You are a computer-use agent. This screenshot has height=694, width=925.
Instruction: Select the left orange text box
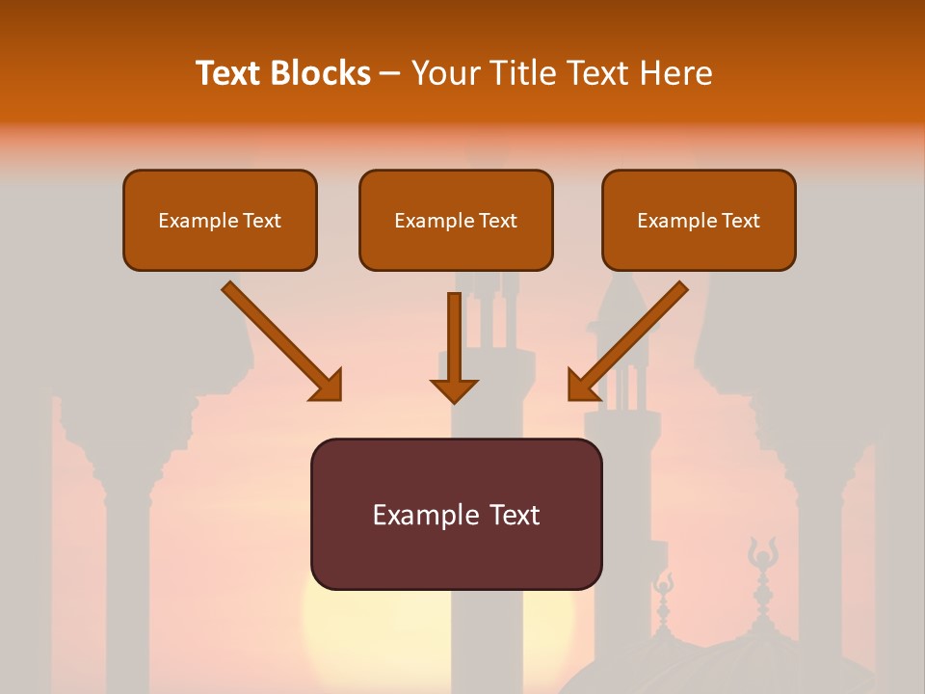click(x=220, y=221)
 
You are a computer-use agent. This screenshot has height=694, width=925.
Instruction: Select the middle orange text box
click(x=456, y=221)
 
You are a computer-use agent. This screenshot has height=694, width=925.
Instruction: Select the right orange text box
click(x=699, y=221)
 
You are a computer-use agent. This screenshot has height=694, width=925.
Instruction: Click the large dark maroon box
click(x=456, y=514)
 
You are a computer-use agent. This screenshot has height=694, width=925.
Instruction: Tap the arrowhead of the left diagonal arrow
click(x=328, y=386)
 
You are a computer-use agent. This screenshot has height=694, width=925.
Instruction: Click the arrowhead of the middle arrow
click(x=454, y=389)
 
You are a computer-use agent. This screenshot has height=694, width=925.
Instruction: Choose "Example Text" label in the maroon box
click(x=456, y=515)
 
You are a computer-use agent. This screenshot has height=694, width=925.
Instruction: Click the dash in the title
click(x=390, y=73)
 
